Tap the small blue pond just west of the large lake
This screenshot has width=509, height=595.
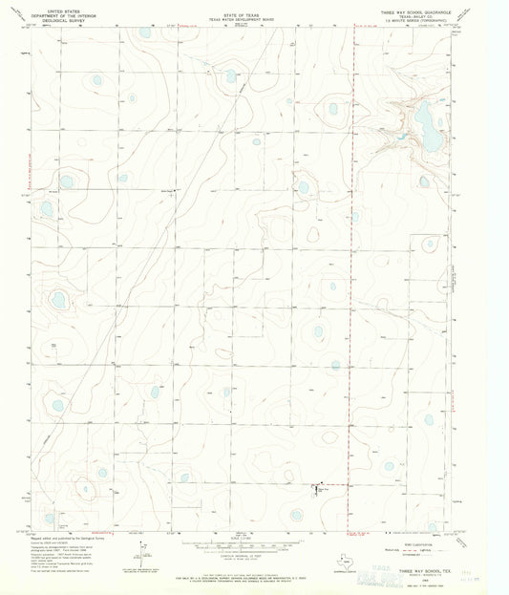tap(403, 135)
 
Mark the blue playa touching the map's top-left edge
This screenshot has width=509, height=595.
tap(144, 32)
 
